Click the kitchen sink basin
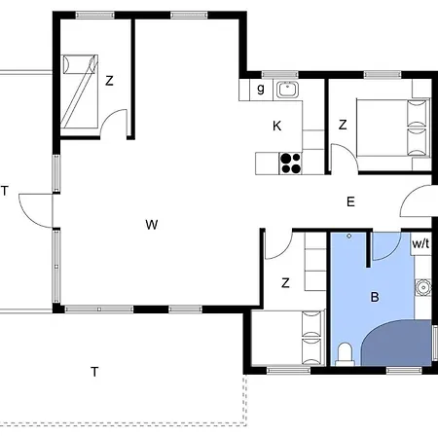287,90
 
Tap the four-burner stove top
291,164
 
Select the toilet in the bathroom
345,354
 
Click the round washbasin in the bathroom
422,287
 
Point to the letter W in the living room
152,225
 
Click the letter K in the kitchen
276,126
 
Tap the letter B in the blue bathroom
375,297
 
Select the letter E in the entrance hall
350,201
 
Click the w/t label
420,243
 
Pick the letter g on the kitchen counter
261,89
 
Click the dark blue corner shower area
397,344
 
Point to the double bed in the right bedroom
393,128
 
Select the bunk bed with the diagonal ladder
80,91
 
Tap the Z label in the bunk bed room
109,81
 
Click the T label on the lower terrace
94,372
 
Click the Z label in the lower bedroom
285,283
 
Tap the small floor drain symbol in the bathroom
349,237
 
